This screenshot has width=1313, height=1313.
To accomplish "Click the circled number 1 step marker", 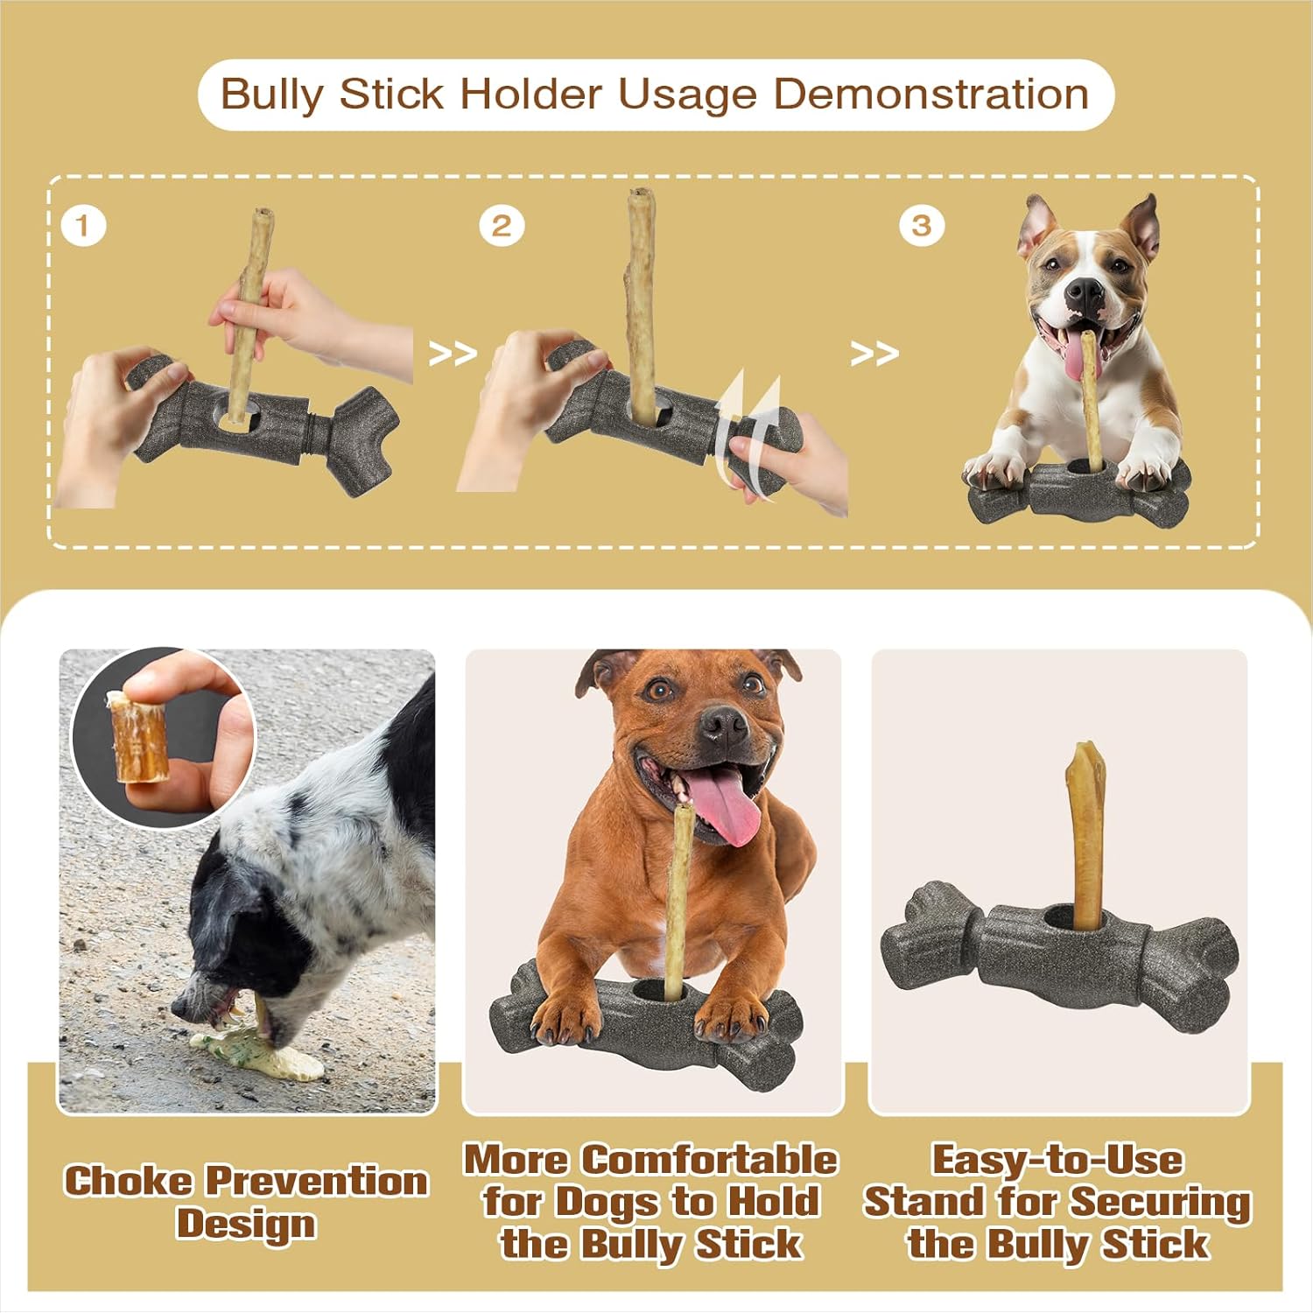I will point(84,226).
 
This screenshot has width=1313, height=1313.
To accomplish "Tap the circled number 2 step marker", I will point(502,226).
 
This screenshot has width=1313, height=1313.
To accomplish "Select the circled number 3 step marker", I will point(921,226).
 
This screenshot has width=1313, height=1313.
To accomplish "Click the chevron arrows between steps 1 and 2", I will point(453,354).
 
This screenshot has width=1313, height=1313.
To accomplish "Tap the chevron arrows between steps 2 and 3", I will point(874,354).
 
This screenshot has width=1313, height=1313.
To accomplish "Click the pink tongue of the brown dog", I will point(726,810).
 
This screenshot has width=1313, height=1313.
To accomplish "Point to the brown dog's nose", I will point(723,724).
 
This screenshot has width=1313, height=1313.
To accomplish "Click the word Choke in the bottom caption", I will point(129,1180).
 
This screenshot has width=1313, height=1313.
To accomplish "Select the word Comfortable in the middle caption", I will point(710,1160).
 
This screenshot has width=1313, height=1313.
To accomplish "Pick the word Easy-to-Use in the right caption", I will point(1057,1160).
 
